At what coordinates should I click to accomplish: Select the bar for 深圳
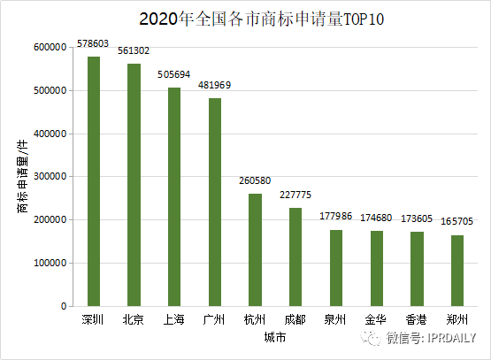93,181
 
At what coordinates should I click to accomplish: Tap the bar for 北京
134,185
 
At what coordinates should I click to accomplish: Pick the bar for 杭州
255,249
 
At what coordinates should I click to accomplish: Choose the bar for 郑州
457,271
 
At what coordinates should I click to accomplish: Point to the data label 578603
93,43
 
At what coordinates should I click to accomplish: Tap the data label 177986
336,216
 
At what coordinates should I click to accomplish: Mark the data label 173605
417,218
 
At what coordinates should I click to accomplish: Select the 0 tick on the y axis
63,306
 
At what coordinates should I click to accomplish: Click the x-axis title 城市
274,337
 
